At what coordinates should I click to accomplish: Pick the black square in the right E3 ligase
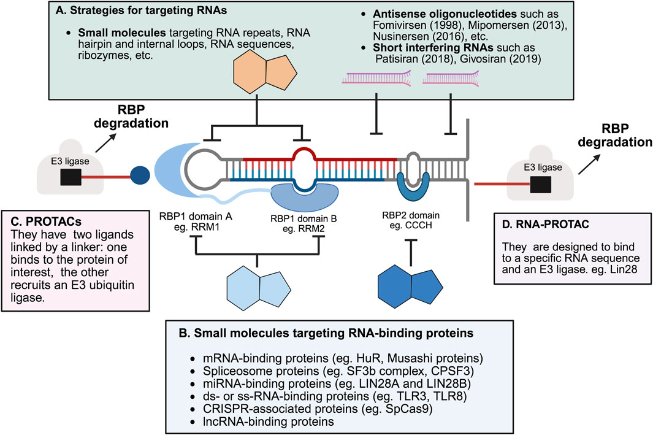coord(540,182)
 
